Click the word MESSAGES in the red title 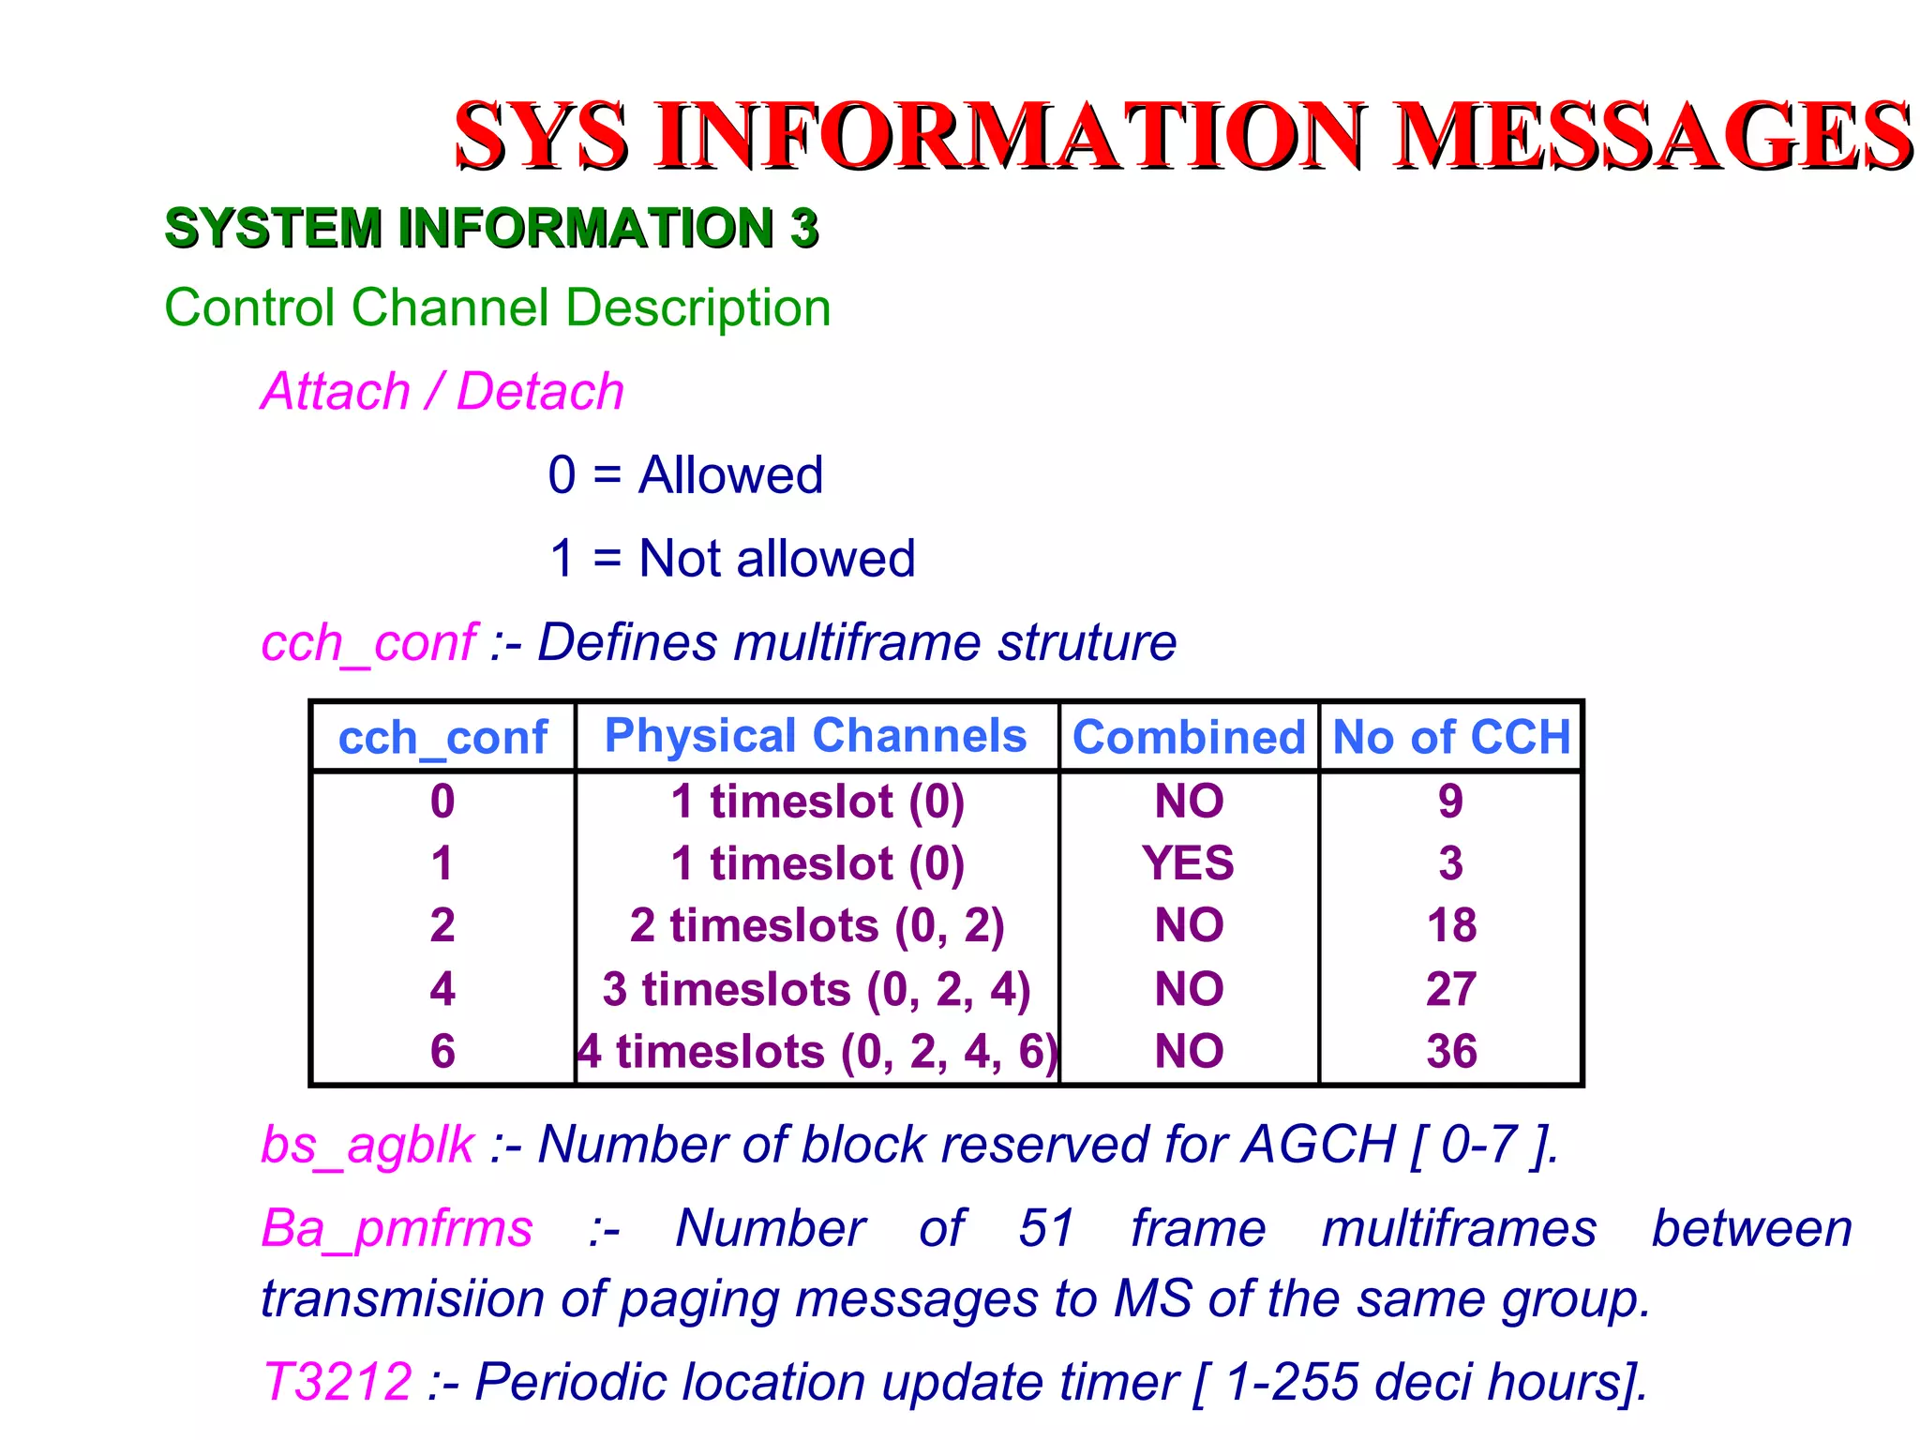(1655, 136)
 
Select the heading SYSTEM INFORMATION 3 (491, 228)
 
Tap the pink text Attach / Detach (442, 391)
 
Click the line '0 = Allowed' (685, 474)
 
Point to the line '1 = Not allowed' (731, 559)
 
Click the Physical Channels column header (816, 735)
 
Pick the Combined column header (1189, 737)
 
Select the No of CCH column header (1451, 737)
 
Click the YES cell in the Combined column (1188, 862)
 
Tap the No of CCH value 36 (1451, 1051)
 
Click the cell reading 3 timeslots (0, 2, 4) (816, 989)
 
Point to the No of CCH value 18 (1451, 925)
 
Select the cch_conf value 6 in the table (442, 1051)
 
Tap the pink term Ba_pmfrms (397, 1228)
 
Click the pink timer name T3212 (337, 1381)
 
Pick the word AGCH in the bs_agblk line (1319, 1145)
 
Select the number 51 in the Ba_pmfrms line (1045, 1228)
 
